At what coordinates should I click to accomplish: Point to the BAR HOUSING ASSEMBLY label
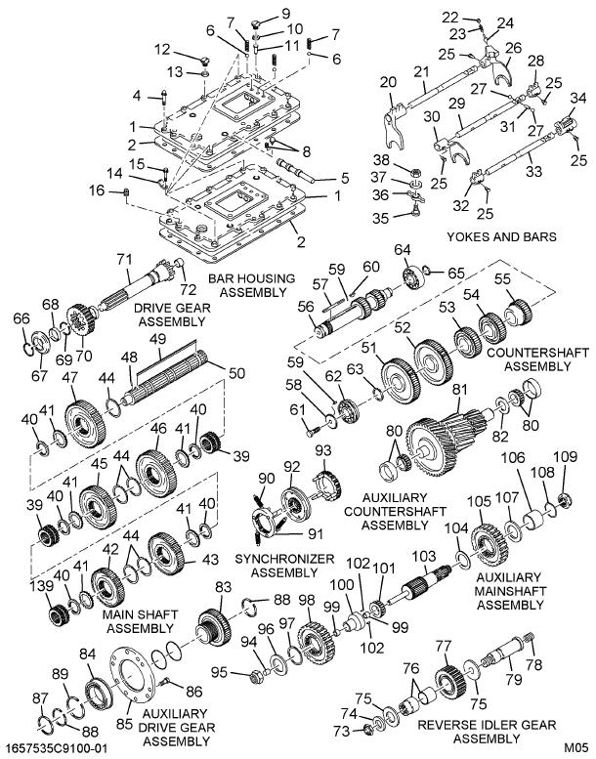250,285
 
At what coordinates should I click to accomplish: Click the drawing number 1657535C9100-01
56,748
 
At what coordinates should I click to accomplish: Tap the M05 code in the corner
575,748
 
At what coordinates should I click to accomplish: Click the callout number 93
322,449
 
